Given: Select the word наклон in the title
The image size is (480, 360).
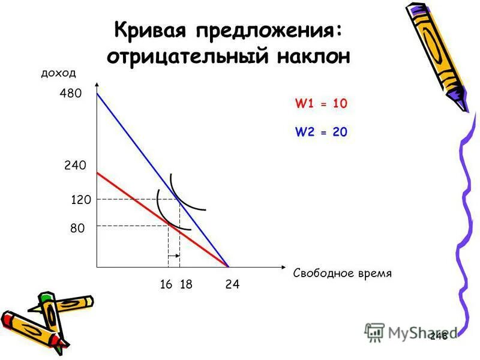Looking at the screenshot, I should click(313, 56).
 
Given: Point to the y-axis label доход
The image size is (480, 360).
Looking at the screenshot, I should click(58, 73).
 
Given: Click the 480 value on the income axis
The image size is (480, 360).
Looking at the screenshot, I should click(70, 94).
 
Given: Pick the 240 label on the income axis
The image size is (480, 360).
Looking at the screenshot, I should click(76, 165).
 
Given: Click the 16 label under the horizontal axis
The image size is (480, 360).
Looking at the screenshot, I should click(166, 285).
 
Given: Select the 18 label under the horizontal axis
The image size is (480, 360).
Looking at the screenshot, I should click(185, 285).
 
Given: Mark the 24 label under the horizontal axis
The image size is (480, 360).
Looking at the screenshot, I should click(232, 285).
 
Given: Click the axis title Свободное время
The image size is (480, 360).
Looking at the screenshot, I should click(342, 274).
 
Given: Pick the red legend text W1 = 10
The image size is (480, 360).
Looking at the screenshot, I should click(321, 104).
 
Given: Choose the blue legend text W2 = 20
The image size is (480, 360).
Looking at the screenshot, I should click(321, 132).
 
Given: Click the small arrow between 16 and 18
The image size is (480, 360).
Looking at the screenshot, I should click(173, 256).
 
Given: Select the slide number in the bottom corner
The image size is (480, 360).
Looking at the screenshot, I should click(439, 337).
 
